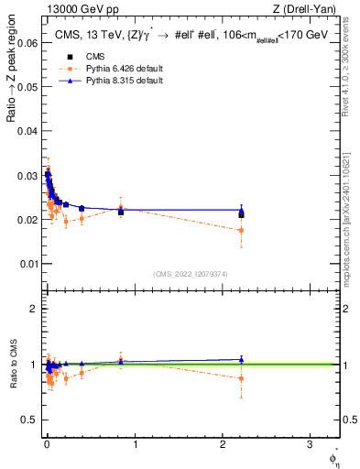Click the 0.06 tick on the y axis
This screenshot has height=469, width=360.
click(27, 43)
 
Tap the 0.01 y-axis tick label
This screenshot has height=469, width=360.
click(27, 264)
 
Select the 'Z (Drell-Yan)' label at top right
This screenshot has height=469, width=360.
click(310, 9)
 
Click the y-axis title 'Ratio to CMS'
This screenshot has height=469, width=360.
click(13, 365)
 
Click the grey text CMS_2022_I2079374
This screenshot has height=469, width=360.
click(190, 273)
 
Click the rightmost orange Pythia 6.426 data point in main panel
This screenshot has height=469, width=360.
click(241, 230)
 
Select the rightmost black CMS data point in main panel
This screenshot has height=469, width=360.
click(241, 214)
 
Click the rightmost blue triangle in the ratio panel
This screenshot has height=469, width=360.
click(241, 359)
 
